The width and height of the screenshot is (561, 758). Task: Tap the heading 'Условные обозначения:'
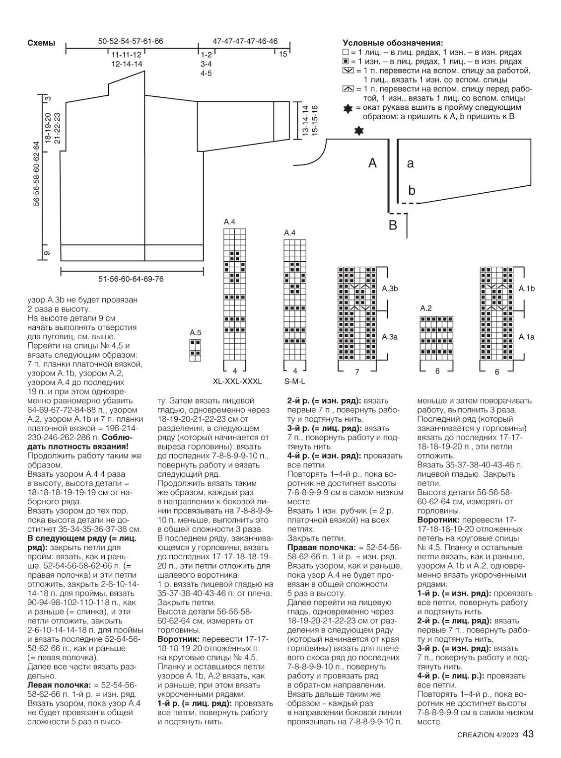(x=393, y=43)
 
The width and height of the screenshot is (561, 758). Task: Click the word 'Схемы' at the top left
(x=41, y=43)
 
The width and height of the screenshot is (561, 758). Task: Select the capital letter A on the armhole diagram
(x=372, y=163)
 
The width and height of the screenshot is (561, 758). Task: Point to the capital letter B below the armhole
(x=393, y=225)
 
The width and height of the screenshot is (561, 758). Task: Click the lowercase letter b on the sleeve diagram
(x=412, y=190)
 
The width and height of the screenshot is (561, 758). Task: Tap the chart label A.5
(x=196, y=332)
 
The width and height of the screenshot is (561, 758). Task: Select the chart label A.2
(x=426, y=308)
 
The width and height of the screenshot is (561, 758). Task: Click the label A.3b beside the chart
(x=390, y=288)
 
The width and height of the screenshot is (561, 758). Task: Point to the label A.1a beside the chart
(x=527, y=337)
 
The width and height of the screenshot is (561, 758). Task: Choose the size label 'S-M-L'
(x=295, y=381)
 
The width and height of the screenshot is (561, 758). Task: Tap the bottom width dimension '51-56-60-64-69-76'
(x=131, y=279)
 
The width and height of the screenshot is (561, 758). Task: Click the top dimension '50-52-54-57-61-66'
(x=131, y=41)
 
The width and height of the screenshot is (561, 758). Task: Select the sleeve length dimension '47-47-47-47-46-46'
(x=245, y=41)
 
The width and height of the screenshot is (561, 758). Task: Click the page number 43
(x=528, y=734)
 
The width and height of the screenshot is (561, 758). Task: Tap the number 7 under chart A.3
(x=357, y=372)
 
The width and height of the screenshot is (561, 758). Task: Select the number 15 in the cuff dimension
(x=283, y=54)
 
